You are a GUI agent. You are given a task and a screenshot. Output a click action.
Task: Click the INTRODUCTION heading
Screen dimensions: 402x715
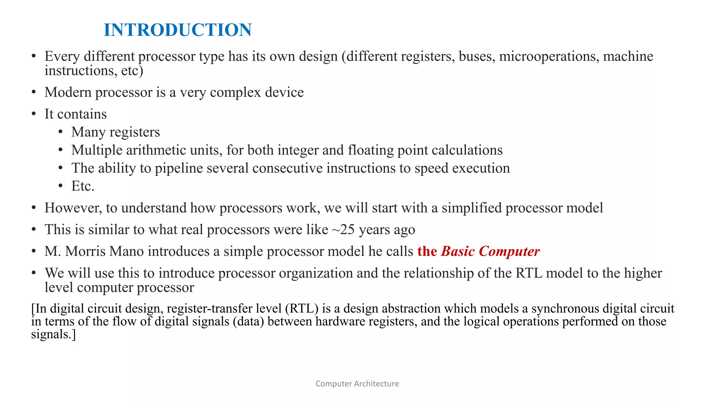click(x=177, y=30)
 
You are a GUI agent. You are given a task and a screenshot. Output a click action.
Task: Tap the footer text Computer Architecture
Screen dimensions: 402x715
click(x=357, y=384)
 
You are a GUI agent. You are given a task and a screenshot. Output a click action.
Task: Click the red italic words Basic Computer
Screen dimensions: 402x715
click(x=490, y=251)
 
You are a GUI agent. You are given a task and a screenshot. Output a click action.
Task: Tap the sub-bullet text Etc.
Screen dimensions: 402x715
click(x=83, y=186)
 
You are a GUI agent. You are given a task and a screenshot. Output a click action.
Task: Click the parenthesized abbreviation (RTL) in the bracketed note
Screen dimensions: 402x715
click(x=302, y=308)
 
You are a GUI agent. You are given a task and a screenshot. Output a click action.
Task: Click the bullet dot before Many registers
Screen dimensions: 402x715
click(x=60, y=132)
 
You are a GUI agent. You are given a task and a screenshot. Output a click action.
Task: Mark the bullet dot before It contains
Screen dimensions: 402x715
click(x=34, y=114)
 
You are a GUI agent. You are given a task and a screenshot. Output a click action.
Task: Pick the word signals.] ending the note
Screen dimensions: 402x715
click(x=53, y=334)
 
